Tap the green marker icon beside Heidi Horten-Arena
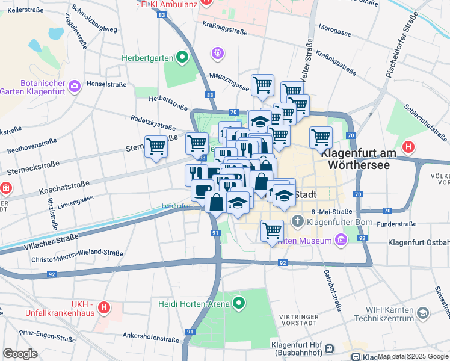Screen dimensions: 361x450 (x=239, y=304)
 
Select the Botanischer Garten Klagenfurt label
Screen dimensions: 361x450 (x=33, y=87)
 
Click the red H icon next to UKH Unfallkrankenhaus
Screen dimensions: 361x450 (x=104, y=308)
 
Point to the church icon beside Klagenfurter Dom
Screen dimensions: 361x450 (x=298, y=223)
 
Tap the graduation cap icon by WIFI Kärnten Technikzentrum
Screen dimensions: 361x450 (x=423, y=313)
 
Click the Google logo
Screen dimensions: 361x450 (x=20, y=354)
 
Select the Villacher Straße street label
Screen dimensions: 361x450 (x=52, y=240)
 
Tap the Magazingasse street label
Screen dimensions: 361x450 (x=229, y=82)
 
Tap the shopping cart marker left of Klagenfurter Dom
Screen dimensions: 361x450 (x=273, y=230)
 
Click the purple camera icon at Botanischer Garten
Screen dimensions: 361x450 (x=74, y=86)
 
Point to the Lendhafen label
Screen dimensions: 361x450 (x=176, y=205)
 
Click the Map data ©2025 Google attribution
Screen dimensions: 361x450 (x=412, y=356)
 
